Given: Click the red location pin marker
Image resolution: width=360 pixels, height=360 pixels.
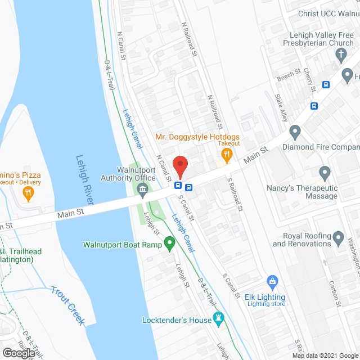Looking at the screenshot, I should coord(179,165).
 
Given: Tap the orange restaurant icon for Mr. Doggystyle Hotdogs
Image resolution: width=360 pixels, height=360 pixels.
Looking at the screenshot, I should coord(227,155).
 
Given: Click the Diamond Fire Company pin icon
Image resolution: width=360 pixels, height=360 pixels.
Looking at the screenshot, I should coord(295,133).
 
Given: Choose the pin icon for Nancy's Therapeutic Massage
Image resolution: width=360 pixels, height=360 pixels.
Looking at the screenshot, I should coord(325,172).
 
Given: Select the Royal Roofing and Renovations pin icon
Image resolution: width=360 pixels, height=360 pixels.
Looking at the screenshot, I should coord(338,238).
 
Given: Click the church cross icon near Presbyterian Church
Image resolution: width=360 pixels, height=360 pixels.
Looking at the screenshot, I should coord(340,55).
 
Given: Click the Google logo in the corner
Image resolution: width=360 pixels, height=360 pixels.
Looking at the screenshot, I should coord(18,353).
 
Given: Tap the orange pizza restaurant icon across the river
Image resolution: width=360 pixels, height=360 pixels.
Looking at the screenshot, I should coord(27,193).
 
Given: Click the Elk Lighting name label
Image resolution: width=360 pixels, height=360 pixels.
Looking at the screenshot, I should coord(265,297).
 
